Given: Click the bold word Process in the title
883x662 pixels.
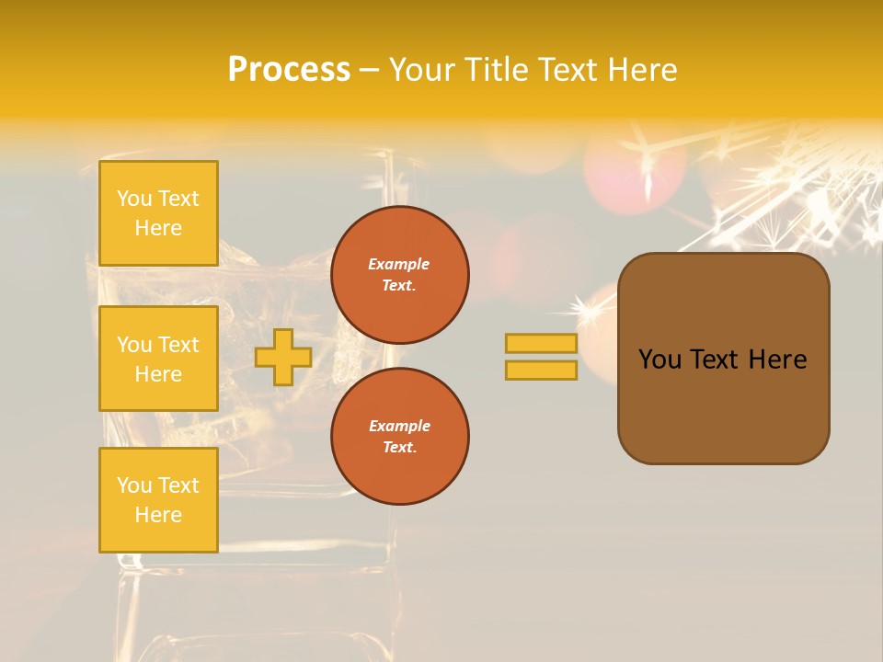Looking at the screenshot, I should pyautogui.click(x=289, y=70).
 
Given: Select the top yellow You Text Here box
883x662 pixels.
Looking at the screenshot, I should pyautogui.click(x=158, y=213).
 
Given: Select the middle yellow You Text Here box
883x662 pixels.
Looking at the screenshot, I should pyautogui.click(x=158, y=359).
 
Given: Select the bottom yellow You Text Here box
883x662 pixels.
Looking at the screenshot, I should pyautogui.click(x=158, y=499).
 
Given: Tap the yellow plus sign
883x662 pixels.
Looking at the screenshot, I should pyautogui.click(x=283, y=357).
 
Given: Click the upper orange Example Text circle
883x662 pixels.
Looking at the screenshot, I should pyautogui.click(x=399, y=275).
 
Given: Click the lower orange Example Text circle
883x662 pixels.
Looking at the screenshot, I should pyautogui.click(x=399, y=436).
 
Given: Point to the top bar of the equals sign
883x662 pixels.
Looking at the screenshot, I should pyautogui.click(x=541, y=343).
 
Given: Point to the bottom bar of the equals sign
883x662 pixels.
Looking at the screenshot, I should pyautogui.click(x=541, y=370).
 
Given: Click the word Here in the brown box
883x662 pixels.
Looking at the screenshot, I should pyautogui.click(x=777, y=360).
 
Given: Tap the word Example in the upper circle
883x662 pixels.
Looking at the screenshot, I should pyautogui.click(x=399, y=264).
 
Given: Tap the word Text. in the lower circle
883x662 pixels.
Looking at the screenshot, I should pyautogui.click(x=399, y=448).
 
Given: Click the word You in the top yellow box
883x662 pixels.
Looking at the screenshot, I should pyautogui.click(x=134, y=199).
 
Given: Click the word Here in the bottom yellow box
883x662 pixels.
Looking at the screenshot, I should pyautogui.click(x=158, y=515).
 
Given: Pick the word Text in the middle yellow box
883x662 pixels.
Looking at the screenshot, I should pyautogui.click(x=178, y=345).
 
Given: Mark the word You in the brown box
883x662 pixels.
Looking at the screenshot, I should pyautogui.click(x=659, y=360).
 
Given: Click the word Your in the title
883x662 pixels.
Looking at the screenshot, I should pyautogui.click(x=422, y=70).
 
